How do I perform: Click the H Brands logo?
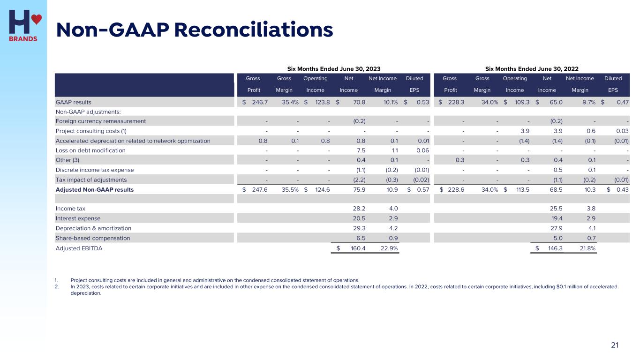coord(23,25)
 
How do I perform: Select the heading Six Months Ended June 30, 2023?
coord(337,68)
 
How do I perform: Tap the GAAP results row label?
coord(74,102)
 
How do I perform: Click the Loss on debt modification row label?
coord(90,150)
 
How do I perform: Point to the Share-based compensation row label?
coord(93,238)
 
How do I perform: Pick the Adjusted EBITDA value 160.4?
coord(358,248)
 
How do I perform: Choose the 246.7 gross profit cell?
coord(259,102)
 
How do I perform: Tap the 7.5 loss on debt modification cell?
coord(361,150)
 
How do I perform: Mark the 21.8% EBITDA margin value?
coord(588,248)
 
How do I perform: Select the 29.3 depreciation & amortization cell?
coord(359,228)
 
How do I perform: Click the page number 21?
coord(615,345)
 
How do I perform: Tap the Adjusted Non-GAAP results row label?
coord(95,190)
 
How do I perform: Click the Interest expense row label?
coord(78,218)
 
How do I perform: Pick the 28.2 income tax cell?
coord(359,209)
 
